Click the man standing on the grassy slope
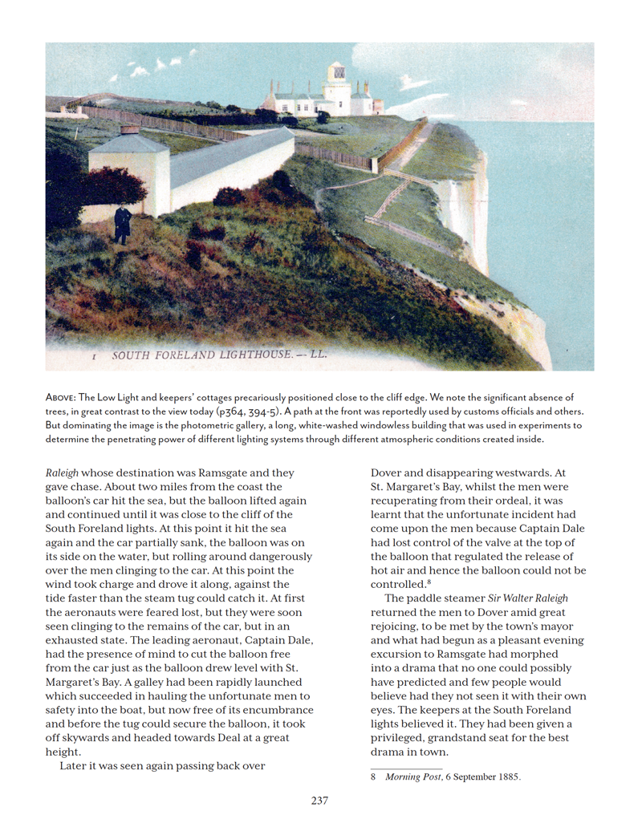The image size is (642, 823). coord(122,224)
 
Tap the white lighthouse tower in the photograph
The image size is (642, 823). coord(337,95)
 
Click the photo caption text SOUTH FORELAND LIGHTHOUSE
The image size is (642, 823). coord(219,354)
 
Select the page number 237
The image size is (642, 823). coord(319,800)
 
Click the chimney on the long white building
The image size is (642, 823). coord(129,128)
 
